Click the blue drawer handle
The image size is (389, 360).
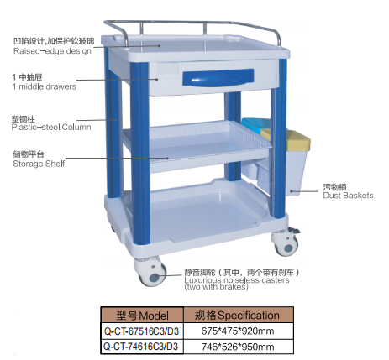click(218, 77)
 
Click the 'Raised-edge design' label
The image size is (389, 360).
click(52, 51)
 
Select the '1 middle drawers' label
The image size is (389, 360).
click(45, 86)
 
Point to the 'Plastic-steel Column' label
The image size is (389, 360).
click(51, 128)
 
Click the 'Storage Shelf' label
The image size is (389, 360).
click(39, 164)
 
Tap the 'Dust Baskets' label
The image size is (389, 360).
click(348, 196)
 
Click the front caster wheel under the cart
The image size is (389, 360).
click(150, 271)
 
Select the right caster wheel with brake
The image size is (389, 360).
click(286, 242)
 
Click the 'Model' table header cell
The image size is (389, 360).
click(142, 316)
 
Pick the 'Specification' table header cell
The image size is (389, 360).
click(238, 316)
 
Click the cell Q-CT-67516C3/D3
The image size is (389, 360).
click(142, 331)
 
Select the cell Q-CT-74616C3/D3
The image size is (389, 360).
click(141, 347)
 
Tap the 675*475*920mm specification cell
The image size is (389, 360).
click(238, 331)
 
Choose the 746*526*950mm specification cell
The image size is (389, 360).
click(238, 347)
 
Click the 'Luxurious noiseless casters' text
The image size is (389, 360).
click(237, 280)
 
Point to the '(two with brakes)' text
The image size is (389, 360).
click(216, 287)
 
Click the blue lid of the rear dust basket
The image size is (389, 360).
click(256, 123)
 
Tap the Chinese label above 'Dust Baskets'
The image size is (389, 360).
click(334, 187)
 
